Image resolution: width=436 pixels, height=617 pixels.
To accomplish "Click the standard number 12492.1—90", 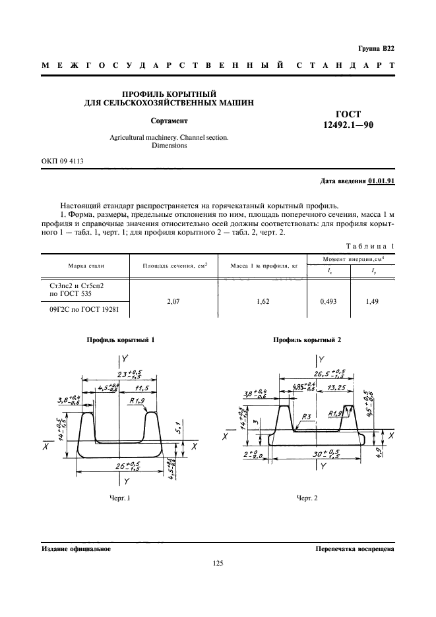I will pyautogui.click(x=348, y=125).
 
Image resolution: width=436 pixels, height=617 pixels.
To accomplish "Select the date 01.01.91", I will pyautogui.click(x=381, y=181).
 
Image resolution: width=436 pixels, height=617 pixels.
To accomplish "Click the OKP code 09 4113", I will pyautogui.click(x=63, y=160).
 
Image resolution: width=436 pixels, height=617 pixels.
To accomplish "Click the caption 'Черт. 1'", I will pyautogui.click(x=121, y=498).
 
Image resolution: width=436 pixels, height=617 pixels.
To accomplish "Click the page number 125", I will pyautogui.click(x=218, y=563).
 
